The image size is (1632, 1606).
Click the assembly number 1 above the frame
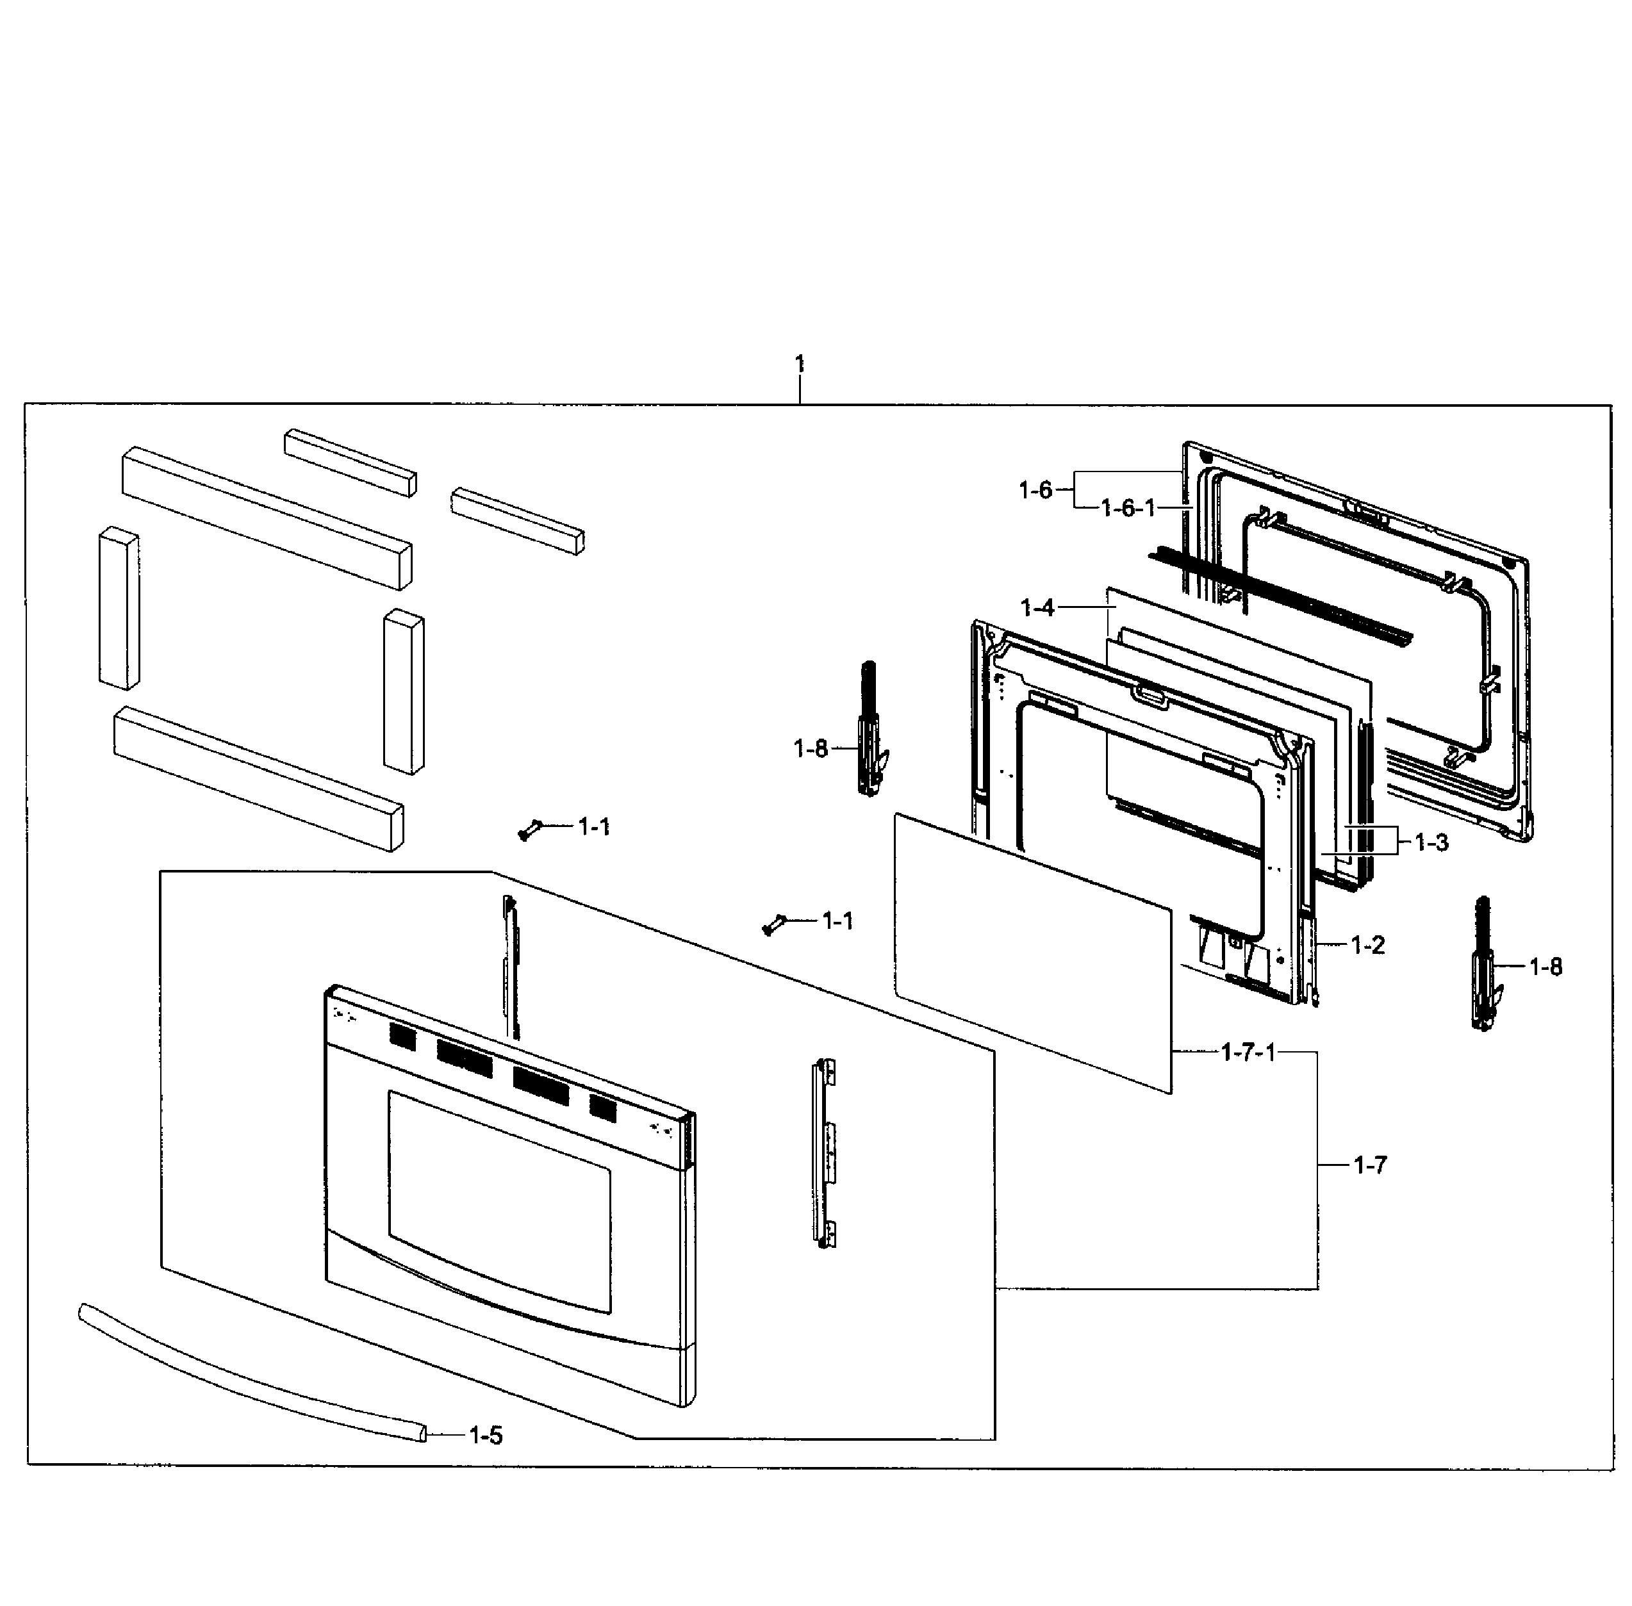point(798,365)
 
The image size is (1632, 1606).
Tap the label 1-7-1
point(1248,1052)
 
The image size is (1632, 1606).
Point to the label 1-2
point(1367,945)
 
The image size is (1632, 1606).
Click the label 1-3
point(1431,842)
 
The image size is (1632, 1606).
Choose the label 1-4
point(1037,607)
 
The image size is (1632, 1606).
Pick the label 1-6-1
point(1127,508)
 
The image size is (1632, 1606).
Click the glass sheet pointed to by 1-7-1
point(1030,953)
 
